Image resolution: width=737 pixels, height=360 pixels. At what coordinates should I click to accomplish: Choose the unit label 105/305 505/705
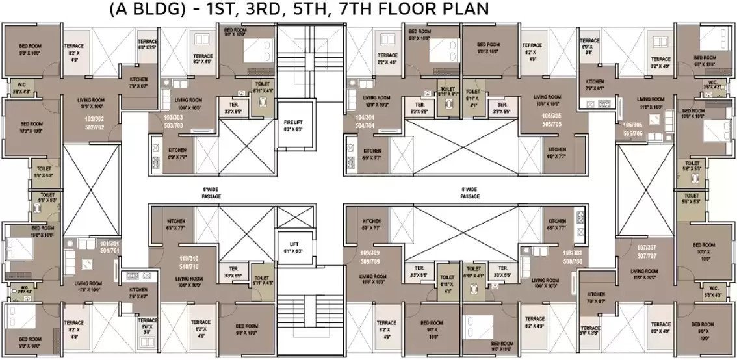coord(554,120)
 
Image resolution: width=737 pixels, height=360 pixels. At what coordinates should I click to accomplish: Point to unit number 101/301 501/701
coord(108,247)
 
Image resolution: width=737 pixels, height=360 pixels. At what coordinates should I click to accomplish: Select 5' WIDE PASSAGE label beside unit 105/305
coord(470,192)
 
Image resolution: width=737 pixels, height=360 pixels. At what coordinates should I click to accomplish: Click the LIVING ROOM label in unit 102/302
coord(90,103)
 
